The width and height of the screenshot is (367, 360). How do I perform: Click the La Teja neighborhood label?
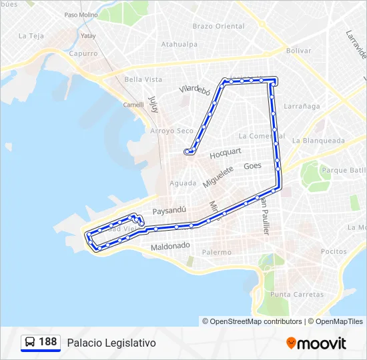pyautogui.click(x=31, y=36)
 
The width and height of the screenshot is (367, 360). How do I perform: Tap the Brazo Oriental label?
pyautogui.click(x=218, y=26)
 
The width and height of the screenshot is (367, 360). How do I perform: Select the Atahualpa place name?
pyautogui.click(x=179, y=45)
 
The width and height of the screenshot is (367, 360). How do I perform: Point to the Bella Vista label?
pyautogui.click(x=143, y=79)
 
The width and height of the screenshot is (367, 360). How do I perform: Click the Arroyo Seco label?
pyautogui.click(x=171, y=131)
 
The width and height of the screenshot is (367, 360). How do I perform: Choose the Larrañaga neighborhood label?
pyautogui.click(x=302, y=106)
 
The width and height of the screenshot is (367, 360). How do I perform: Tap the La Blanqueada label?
pyautogui.click(x=318, y=141)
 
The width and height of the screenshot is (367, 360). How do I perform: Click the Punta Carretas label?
pyautogui.click(x=297, y=295)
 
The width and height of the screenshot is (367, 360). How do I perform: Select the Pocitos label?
pyautogui.click(x=333, y=251)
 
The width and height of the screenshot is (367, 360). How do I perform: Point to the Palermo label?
pyautogui.click(x=217, y=253)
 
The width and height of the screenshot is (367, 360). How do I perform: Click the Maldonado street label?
pyautogui.click(x=170, y=247)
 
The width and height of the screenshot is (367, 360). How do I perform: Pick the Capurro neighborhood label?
pyautogui.click(x=83, y=53)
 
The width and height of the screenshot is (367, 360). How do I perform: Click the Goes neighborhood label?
pyautogui.click(x=253, y=166)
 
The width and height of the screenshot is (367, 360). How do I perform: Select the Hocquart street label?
pyautogui.click(x=225, y=153)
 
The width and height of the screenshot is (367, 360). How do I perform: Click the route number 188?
pyautogui.click(x=47, y=342)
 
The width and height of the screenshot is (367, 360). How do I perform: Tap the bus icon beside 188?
pyautogui.click(x=30, y=342)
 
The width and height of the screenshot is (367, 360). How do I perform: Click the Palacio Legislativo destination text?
pyautogui.click(x=111, y=343)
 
